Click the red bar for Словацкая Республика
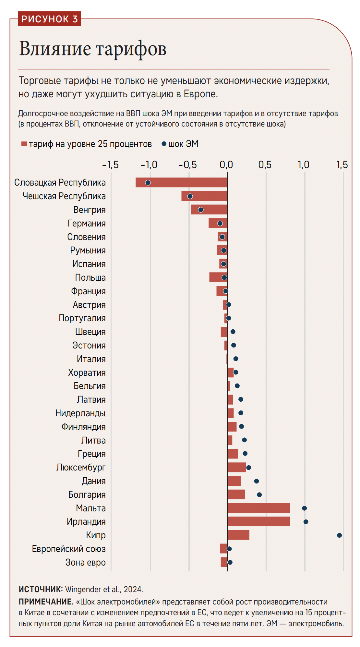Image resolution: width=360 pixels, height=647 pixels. pos(182,182)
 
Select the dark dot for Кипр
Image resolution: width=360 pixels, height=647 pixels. pos(339,535)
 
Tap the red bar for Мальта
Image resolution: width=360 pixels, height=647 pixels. pos(259,508)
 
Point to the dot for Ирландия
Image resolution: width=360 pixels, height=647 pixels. pos(306,522)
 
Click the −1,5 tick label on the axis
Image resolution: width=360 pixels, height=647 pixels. pos(110,165)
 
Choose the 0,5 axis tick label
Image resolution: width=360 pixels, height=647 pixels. pos(265,165)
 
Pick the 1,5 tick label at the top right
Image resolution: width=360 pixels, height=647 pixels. pos(342,165)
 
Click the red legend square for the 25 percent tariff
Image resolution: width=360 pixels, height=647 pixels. pos(24,144)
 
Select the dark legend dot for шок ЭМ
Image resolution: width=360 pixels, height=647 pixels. pos(164,143)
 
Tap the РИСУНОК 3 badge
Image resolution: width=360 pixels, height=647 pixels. pos(49,19)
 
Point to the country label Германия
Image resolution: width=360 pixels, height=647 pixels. pos(87,223)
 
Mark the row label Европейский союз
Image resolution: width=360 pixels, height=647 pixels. pos(69,549)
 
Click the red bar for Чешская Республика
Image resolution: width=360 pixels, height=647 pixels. pos(204,196)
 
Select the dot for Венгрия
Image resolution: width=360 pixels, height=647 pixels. pos(201,210)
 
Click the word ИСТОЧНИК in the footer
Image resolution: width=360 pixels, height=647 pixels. pos(41,589)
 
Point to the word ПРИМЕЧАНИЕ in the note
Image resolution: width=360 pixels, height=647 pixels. pos(46,602)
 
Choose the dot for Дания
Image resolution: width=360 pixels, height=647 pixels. pos(257,481)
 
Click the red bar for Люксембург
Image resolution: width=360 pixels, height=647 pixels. pos(237,467)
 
